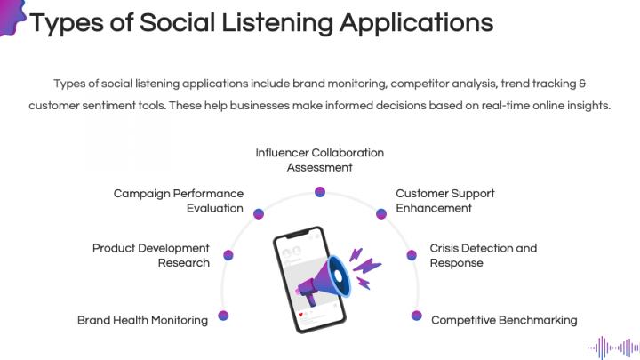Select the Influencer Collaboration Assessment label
tap(320, 160)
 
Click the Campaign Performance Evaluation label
tap(178, 201)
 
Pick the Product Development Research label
tap(151, 255)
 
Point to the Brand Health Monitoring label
tap(142, 320)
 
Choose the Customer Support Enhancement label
tap(445, 201)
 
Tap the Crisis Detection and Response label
tap(484, 255)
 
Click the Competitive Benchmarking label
tap(504, 320)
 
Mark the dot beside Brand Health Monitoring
tap(223, 316)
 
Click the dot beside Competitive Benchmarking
tap(416, 316)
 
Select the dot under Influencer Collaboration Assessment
tap(320, 191)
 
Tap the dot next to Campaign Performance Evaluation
tap(259, 213)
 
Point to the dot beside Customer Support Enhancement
tap(381, 213)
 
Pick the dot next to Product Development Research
tap(228, 255)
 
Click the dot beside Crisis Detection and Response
tap(412, 255)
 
